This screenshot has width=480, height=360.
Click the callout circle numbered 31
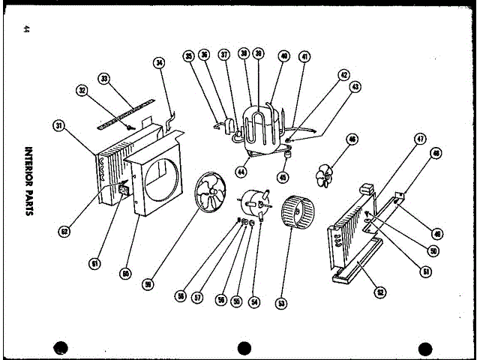pos(59,125)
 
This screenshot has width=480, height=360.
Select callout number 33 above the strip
pos(104,78)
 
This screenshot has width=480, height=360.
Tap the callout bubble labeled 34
pos(158,63)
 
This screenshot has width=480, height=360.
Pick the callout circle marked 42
pos(343,75)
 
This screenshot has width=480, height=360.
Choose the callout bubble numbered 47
pos(420,139)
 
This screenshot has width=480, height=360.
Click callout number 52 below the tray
pos(380,292)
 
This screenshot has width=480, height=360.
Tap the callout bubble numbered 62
pos(64,232)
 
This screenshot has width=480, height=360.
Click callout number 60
pos(126,274)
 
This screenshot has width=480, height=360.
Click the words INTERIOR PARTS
pos(28,181)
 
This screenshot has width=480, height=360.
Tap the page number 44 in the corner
pos(27,30)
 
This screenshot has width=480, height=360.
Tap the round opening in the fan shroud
pos(160,180)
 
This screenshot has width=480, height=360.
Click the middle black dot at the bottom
pos(243,349)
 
